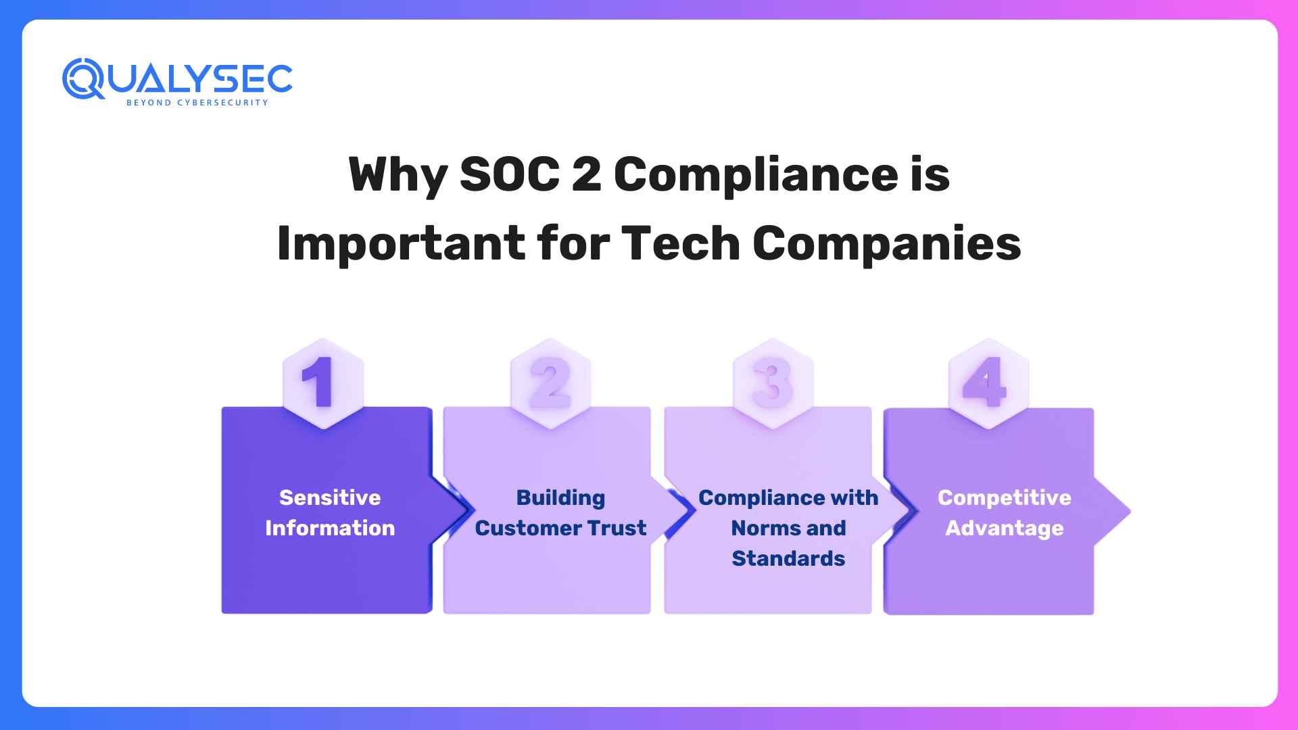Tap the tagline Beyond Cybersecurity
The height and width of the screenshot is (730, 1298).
197,103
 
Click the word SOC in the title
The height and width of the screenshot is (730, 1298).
509,174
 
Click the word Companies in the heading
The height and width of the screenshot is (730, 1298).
886,243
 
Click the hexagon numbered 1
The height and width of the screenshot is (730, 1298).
322,383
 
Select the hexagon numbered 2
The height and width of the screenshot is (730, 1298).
550,383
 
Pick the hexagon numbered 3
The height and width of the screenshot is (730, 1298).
773,383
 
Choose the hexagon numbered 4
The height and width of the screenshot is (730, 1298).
988,383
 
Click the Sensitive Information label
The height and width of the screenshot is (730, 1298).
330,512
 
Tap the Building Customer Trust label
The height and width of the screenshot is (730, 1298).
560,512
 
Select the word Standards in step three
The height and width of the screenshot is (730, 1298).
788,558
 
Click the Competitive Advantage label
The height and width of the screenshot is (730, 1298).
1004,512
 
